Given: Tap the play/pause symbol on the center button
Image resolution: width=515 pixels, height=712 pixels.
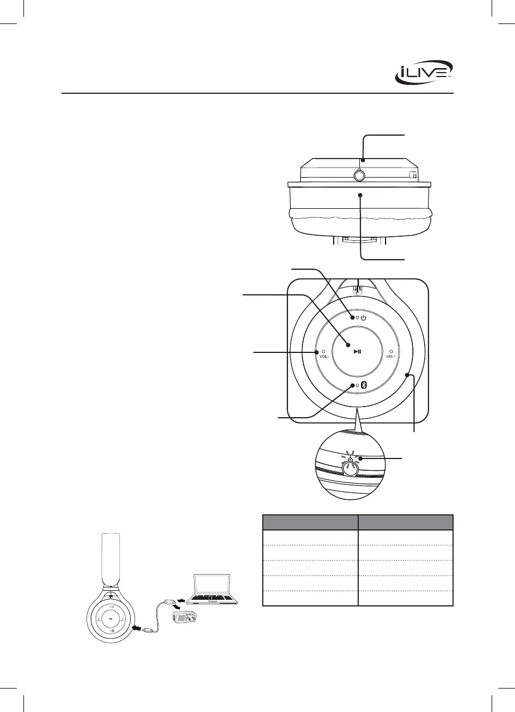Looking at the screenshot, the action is (358, 351).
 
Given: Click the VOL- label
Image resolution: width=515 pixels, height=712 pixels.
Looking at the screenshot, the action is (324, 356).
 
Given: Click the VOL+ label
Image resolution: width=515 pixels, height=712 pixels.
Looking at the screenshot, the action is (391, 356).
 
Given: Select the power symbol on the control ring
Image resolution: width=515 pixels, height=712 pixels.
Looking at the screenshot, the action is (364, 318).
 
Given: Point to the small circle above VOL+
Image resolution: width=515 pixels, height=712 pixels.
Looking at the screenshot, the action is (391, 352).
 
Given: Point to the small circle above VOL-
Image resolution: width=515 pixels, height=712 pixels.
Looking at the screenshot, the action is (323, 352).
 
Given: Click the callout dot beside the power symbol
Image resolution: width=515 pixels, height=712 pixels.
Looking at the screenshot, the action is (353, 318).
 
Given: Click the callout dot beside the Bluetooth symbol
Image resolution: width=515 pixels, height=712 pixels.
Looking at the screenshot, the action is (353, 385).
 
